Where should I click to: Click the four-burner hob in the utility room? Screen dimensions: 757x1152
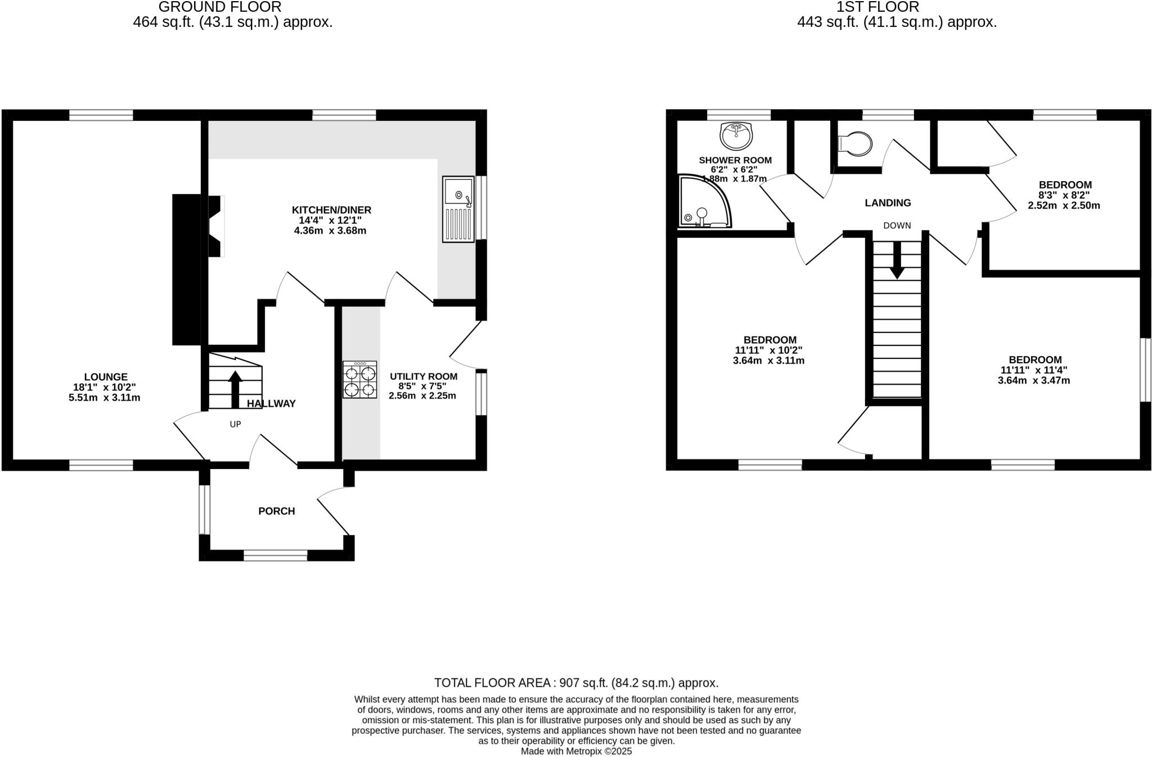[x=360, y=380]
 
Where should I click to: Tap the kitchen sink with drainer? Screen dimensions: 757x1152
[x=458, y=209]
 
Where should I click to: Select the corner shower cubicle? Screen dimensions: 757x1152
[x=703, y=202]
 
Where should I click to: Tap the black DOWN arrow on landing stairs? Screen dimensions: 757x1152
[x=897, y=262]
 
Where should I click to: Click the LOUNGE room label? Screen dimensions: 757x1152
[x=106, y=377]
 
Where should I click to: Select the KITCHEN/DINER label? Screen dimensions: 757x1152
[x=331, y=210]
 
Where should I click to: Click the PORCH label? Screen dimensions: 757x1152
[x=276, y=511]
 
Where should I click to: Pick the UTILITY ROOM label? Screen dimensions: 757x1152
[x=423, y=376]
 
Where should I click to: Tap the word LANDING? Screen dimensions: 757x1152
[x=888, y=203]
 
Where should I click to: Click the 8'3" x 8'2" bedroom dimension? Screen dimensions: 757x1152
[x=1064, y=195]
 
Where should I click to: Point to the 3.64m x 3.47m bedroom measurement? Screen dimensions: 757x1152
[x=1034, y=381]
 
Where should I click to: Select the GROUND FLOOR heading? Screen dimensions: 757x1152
[x=219, y=7]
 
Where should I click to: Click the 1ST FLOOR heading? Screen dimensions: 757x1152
[x=877, y=7]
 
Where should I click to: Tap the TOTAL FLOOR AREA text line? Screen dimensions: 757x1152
[x=576, y=683]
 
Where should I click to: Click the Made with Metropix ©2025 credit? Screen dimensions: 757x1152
[x=576, y=751]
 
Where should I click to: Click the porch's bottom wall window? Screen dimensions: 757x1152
[x=276, y=556]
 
